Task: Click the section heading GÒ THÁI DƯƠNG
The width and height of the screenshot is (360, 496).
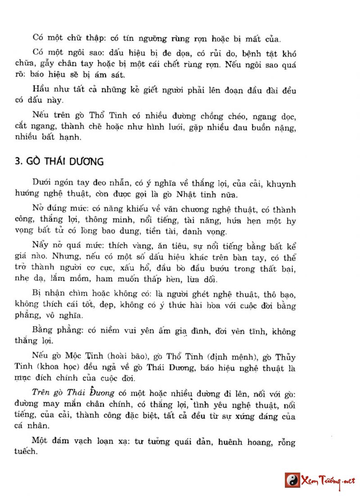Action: tap(59, 161)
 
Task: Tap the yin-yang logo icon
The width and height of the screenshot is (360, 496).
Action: tap(292, 480)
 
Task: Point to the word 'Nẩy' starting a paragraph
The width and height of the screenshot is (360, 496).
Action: tap(40, 247)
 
